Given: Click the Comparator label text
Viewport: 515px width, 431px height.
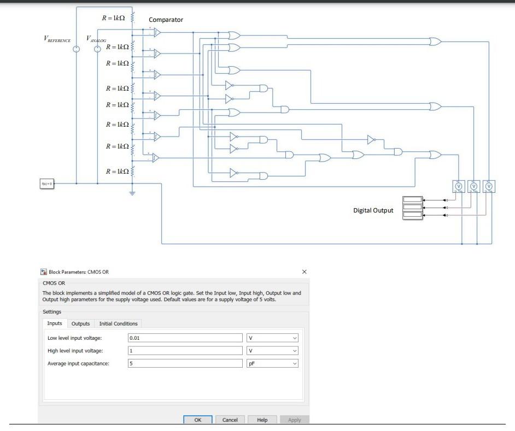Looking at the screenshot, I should tap(166, 20).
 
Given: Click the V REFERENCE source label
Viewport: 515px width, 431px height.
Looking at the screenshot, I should tap(57, 39).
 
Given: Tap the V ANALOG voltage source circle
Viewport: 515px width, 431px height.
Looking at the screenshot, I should tap(97, 49).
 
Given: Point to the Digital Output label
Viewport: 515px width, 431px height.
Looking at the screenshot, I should tap(373, 210).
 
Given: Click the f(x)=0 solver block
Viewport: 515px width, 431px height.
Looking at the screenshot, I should tap(47, 184).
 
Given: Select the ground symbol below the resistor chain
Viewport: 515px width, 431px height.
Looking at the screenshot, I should tap(132, 192).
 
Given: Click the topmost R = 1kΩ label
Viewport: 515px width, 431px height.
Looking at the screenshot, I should tap(114, 18).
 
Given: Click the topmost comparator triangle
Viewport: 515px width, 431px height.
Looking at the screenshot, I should tap(157, 33).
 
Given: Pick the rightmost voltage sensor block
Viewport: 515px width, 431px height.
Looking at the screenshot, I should tap(489, 186).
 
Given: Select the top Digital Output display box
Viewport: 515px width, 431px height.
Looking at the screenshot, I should tap(412, 199).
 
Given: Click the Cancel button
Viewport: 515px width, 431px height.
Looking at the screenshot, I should tap(230, 420).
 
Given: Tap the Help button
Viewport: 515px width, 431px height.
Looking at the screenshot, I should tap(262, 420).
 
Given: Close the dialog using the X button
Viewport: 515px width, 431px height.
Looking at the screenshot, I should tap(305, 271).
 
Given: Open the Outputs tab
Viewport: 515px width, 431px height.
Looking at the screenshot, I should tap(80, 323).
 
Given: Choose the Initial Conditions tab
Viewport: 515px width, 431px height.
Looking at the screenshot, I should tap(118, 323).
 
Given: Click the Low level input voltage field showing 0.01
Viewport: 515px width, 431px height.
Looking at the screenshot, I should tap(185, 338).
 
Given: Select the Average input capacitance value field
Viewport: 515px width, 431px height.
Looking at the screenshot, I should tap(185, 363).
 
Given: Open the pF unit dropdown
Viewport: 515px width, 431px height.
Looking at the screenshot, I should tap(272, 363).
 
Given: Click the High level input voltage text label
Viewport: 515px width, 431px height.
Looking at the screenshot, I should tap(75, 351).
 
